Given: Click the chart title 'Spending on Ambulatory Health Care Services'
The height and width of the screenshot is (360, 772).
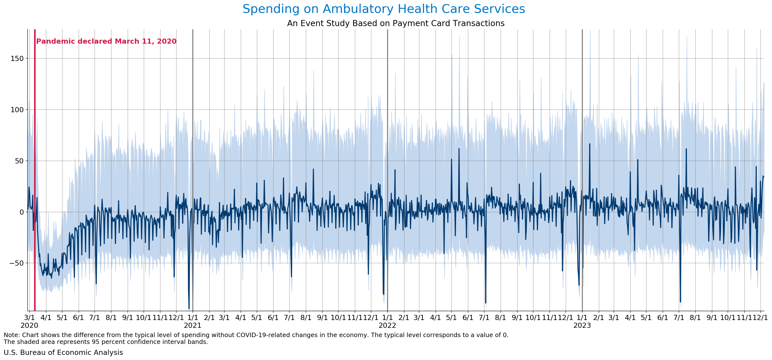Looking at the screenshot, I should tap(384, 9).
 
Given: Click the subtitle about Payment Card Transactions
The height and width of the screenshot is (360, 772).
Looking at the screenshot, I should tap(396, 23).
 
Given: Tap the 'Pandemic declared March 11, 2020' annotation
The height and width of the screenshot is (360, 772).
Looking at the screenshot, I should tap(106, 41).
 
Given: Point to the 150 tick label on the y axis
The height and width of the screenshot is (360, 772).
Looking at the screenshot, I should tap(17, 59).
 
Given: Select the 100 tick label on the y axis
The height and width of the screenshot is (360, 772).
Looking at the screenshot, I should tap(17, 110).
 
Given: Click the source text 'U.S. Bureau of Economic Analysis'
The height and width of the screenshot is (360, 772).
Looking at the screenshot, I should tap(63, 352).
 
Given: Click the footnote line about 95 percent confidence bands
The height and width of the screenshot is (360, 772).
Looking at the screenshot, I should tap(106, 342).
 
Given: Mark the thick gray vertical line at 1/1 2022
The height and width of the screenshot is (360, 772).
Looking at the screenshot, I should tap(388, 168).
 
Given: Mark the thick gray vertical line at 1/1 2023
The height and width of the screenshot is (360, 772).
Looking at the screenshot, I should tap(582, 168).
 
